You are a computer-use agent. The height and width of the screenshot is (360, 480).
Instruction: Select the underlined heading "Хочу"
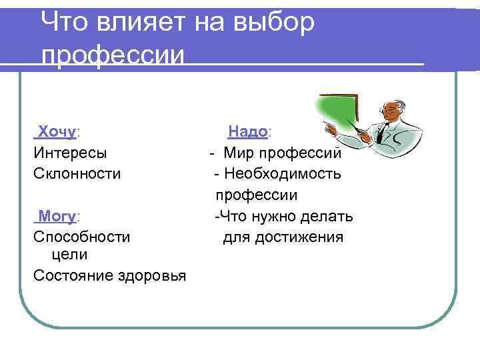(x=57, y=131)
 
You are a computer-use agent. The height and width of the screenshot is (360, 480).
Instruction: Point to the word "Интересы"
(x=70, y=153)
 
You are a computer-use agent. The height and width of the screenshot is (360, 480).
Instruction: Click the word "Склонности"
(x=77, y=174)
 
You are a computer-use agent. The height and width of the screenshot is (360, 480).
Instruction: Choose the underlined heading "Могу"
(x=58, y=216)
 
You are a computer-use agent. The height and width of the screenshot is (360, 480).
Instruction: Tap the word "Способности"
(x=82, y=237)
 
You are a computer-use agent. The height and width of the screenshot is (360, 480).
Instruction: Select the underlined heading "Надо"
(x=248, y=131)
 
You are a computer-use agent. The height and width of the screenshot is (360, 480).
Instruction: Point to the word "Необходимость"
(x=283, y=174)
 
